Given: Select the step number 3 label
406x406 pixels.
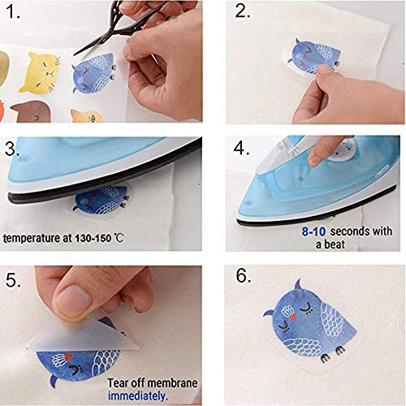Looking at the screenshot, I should point(14,150).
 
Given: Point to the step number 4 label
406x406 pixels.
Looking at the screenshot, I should point(242,149).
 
